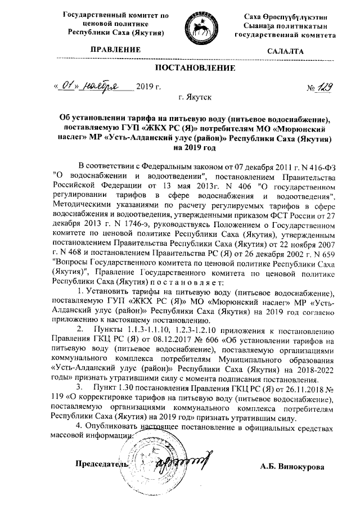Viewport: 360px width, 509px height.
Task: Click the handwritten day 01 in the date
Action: point(68,87)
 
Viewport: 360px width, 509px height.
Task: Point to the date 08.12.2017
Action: point(182,340)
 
